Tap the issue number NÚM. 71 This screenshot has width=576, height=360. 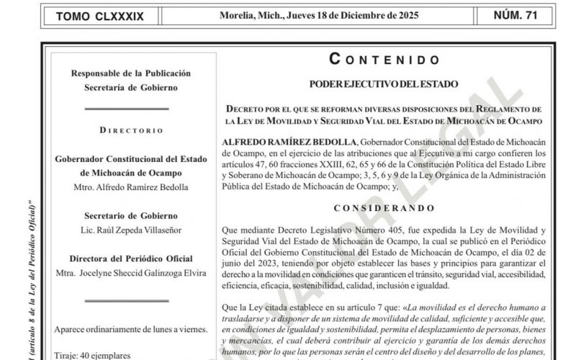[524, 15]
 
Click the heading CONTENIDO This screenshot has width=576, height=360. [384, 60]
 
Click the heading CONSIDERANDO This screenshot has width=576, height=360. [384, 207]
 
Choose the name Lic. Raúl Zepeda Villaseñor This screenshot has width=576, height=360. [121, 230]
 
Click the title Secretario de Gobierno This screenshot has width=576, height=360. [121, 216]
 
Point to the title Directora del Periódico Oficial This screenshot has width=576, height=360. [121, 258]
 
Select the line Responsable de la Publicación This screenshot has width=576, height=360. [121, 73]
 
